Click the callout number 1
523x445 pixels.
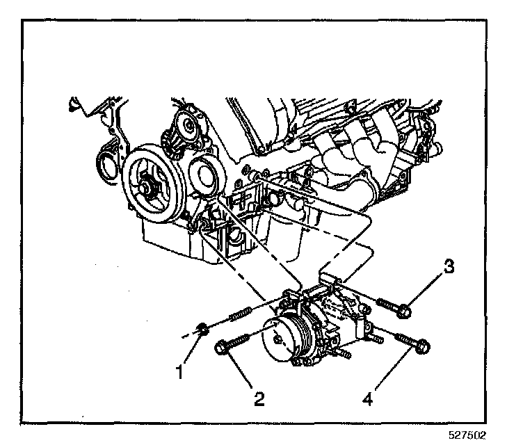pos(179,372)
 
